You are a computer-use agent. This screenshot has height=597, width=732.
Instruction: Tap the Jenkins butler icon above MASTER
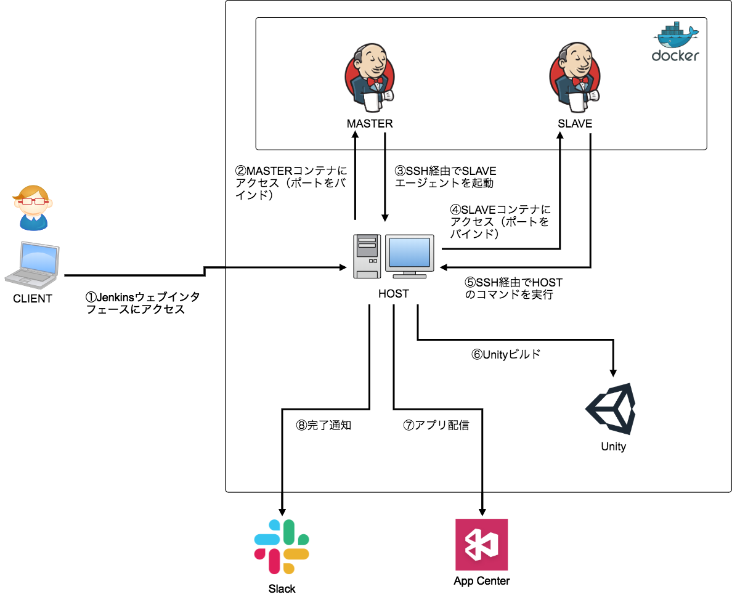tap(370, 76)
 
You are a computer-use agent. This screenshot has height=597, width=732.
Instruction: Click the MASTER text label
tap(370, 124)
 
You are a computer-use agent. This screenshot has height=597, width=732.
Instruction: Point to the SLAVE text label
tap(574, 124)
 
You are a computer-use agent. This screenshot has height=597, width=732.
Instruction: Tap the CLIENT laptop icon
tap(33, 265)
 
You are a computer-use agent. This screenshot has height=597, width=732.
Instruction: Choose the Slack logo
tap(282, 547)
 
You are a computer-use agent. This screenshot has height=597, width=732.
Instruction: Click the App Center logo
tap(481, 545)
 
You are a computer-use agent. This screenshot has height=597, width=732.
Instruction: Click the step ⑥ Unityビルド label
tap(506, 355)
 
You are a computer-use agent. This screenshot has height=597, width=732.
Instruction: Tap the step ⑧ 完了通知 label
tap(323, 425)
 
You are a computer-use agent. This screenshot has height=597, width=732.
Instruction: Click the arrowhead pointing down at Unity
tap(613, 372)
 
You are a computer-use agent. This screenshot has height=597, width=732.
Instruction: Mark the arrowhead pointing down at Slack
tap(282, 511)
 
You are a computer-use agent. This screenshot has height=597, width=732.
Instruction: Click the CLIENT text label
tap(33, 299)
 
